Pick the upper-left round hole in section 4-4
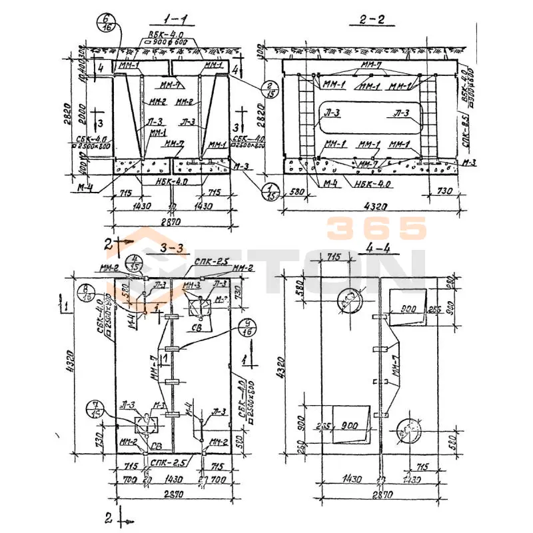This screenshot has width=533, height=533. pos(348,301)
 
